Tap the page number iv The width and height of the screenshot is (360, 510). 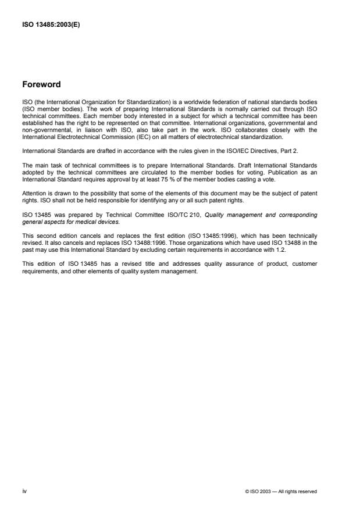click(x=24, y=491)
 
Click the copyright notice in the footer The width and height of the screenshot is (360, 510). click(x=281, y=492)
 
